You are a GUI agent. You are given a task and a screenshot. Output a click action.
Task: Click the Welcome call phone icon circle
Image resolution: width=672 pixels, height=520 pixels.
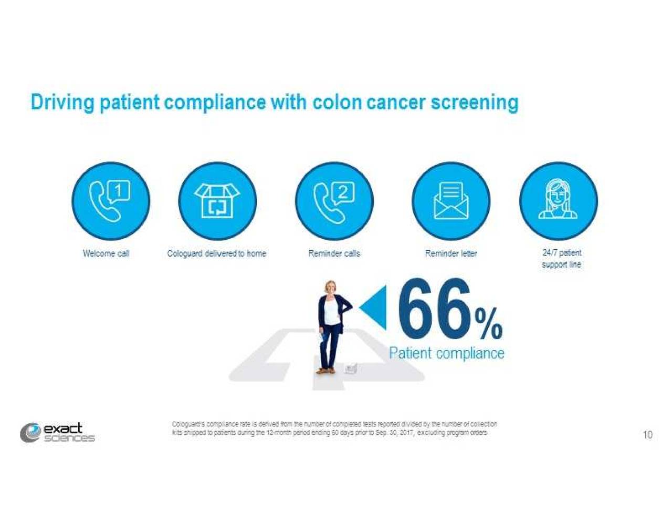pyautogui.click(x=110, y=201)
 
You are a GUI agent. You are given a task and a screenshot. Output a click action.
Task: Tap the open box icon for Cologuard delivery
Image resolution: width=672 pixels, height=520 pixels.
pyautogui.click(x=217, y=201)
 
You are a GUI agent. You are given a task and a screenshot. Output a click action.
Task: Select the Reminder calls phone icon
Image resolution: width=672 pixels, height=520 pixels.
pyautogui.click(x=334, y=201)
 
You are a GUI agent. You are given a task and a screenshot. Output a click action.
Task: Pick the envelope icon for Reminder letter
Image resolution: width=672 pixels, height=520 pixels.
pyautogui.click(x=450, y=201)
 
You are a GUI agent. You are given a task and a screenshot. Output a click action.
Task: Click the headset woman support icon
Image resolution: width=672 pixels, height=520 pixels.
pyautogui.click(x=558, y=201)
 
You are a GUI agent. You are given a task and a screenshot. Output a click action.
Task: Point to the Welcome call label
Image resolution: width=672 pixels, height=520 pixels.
pyautogui.click(x=106, y=253)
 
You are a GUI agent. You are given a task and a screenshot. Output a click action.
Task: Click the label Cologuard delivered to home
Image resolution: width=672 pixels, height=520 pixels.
pyautogui.click(x=216, y=253)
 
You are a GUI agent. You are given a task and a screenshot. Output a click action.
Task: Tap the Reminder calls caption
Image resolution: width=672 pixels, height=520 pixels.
pyautogui.click(x=334, y=253)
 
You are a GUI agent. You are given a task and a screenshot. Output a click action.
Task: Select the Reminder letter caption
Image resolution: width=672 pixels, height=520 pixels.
pyautogui.click(x=451, y=253)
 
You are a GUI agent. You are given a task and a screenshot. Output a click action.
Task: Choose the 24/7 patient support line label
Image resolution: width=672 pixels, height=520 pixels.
pyautogui.click(x=561, y=258)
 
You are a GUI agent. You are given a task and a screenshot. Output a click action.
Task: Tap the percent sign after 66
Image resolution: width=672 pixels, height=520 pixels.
pyautogui.click(x=489, y=323)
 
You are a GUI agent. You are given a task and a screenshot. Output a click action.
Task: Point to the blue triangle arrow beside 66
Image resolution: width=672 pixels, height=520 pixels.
pyautogui.click(x=374, y=307)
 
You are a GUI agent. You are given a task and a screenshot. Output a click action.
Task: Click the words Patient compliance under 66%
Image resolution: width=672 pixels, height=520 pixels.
pyautogui.click(x=446, y=353)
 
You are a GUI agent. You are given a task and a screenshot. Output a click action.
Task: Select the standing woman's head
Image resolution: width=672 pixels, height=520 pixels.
pyautogui.click(x=330, y=288)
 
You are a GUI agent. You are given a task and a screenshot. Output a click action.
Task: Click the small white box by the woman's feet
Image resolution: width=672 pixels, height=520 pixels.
pyautogui.click(x=351, y=369)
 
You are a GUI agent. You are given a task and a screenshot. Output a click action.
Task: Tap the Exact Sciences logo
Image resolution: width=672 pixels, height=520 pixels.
pyautogui.click(x=58, y=433)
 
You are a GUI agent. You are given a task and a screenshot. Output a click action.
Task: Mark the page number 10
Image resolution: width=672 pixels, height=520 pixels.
pyautogui.click(x=647, y=435)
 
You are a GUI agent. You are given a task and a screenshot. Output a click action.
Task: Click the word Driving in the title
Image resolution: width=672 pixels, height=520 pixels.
pyautogui.click(x=62, y=102)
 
